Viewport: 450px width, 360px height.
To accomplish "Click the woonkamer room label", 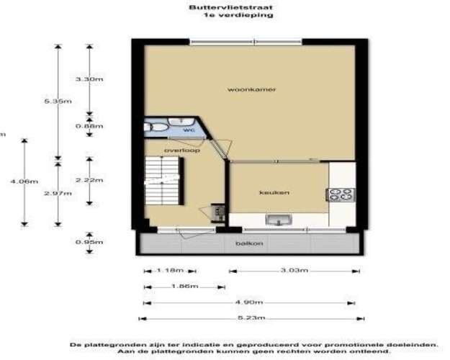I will [242, 90].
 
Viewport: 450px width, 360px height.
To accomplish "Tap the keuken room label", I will [275, 192].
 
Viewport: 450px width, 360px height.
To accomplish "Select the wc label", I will [189, 130].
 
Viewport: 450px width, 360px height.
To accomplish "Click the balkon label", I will [245, 243].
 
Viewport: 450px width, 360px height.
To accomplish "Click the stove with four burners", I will [340, 194].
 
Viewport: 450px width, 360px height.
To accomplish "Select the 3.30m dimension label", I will [90, 78].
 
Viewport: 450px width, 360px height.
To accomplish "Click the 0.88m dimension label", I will [90, 125].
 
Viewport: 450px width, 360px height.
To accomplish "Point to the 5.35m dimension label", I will [58, 102].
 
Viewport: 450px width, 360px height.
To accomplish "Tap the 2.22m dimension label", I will [90, 180].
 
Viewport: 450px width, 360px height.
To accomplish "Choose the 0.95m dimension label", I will [90, 242].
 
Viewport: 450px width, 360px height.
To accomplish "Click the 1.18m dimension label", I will [170, 271].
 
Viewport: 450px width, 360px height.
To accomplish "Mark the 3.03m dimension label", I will [294, 271].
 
